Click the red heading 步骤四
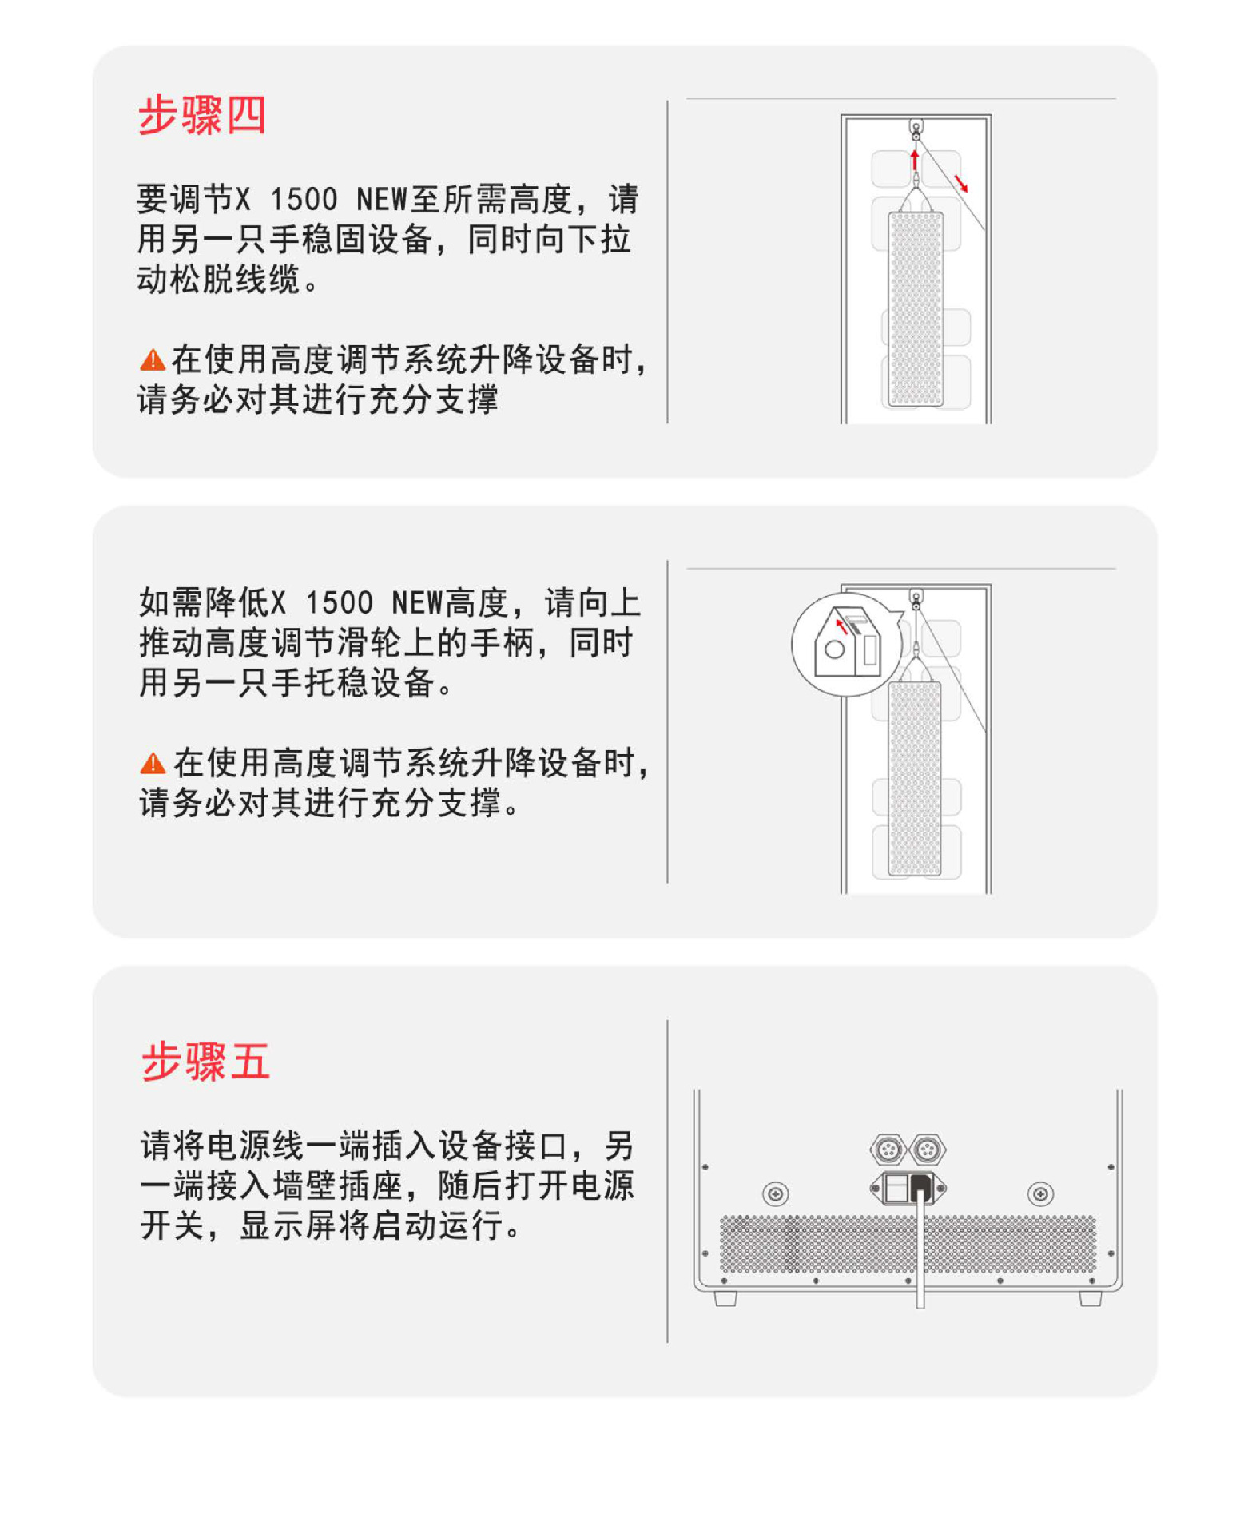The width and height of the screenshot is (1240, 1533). [201, 116]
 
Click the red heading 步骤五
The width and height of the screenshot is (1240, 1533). [205, 1062]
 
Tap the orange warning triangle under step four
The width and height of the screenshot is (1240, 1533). [152, 360]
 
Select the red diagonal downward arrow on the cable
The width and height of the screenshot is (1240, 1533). [961, 183]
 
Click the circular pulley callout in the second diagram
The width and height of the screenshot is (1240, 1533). [847, 645]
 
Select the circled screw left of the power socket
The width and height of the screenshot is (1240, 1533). [775, 1194]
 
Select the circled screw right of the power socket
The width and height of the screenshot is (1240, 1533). [1040, 1194]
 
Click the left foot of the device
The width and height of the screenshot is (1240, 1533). [725, 1298]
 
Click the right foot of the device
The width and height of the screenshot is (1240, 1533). [1091, 1298]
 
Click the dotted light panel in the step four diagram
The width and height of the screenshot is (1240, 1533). [916, 309]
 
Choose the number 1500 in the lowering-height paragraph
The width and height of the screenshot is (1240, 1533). [339, 602]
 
